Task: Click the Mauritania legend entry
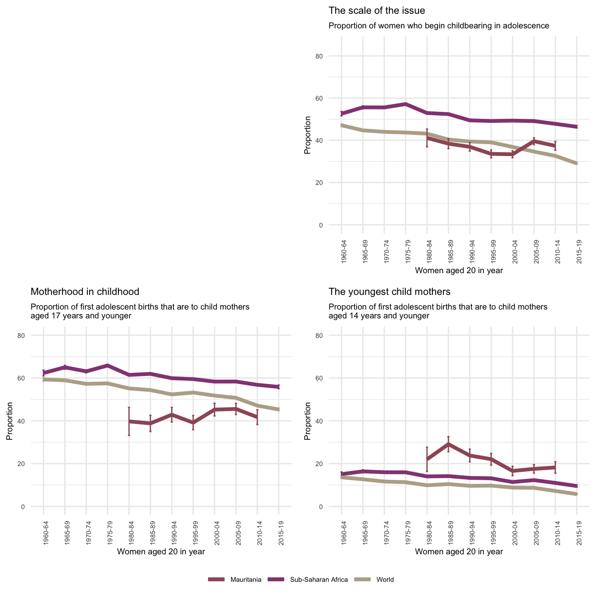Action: (248, 580)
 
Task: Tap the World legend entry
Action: (384, 580)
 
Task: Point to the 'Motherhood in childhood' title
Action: (85, 292)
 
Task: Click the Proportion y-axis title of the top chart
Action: (307, 135)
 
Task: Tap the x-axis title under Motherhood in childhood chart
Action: (161, 552)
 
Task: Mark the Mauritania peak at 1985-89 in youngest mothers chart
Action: (448, 444)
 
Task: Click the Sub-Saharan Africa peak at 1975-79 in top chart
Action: (405, 104)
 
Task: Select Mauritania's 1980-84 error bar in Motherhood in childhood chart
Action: (129, 421)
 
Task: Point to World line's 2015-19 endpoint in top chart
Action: (576, 164)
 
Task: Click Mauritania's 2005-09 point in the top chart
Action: (534, 141)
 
